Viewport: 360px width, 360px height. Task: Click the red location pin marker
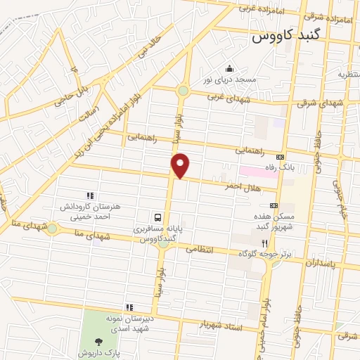tap(181, 165)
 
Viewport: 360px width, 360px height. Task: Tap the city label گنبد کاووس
tap(287, 34)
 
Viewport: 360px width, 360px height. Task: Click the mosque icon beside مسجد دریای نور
tap(229, 69)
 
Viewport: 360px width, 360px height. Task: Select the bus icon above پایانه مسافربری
tap(158, 218)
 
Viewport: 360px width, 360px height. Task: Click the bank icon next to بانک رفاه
tap(281, 157)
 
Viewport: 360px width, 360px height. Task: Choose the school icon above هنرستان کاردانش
tap(89, 195)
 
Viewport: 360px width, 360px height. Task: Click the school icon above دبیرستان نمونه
tap(129, 307)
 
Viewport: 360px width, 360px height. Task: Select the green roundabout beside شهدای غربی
tap(184, 91)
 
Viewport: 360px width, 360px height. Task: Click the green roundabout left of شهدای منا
tap(52, 227)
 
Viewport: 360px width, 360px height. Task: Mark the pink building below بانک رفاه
tap(257, 172)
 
